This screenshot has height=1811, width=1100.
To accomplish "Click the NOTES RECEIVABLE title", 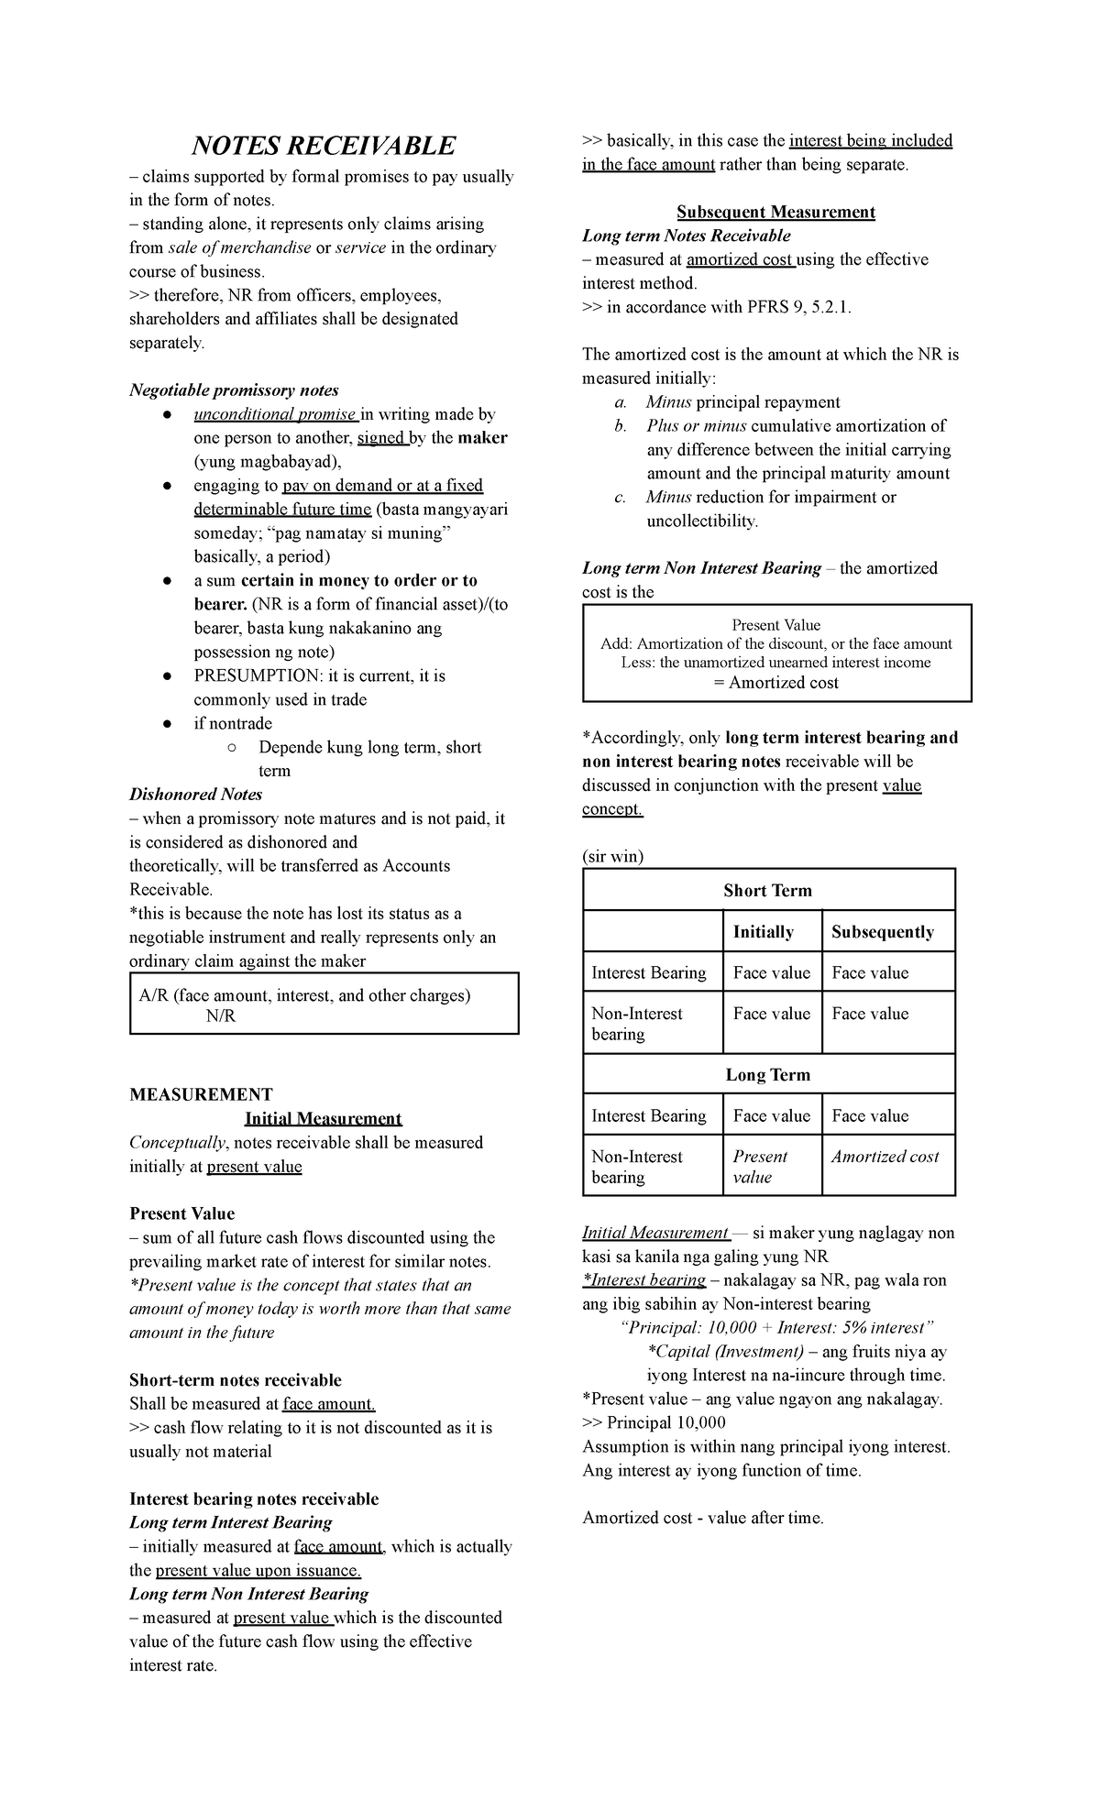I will [323, 146].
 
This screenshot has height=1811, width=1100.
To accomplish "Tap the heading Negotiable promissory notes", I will [234, 390].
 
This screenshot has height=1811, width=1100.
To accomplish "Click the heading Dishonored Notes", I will [196, 795].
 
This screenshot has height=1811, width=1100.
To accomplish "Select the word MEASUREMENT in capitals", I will [201, 1094].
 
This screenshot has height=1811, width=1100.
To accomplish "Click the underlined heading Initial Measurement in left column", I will [323, 1118].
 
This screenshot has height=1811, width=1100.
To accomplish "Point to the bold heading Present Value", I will [181, 1213].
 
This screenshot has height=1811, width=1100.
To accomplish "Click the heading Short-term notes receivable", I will [235, 1380].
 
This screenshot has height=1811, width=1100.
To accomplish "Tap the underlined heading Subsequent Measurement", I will [775, 212].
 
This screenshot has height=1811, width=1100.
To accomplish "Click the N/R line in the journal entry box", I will [221, 1016].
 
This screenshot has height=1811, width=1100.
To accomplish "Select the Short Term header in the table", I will [767, 891].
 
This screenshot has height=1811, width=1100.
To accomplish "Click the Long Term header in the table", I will [767, 1075].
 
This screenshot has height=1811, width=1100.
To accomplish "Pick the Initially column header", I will [763, 932].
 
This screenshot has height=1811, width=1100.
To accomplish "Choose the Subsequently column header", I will [882, 932].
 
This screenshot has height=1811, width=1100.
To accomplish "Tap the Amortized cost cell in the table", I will [885, 1157].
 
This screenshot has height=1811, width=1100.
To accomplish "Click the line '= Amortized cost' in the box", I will [776, 683].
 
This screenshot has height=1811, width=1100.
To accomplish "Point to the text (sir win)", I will [612, 857].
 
